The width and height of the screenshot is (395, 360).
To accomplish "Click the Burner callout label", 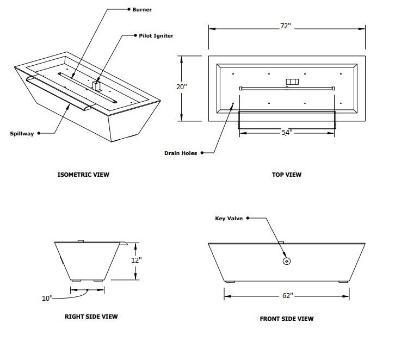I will coord(142,10).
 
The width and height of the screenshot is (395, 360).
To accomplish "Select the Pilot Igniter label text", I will coord(156,35).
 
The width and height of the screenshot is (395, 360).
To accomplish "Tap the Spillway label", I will coord(22,133).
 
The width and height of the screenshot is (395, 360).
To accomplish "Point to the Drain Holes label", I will coord(181,153).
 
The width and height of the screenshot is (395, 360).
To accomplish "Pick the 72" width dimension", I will coord(287,26).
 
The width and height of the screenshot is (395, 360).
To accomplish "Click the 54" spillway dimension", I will coord(287,132).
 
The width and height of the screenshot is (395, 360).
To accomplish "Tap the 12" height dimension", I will coord(138,260).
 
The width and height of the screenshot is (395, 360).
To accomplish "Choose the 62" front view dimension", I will coord(287,295).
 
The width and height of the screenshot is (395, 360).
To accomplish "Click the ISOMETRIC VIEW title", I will coord(83,175).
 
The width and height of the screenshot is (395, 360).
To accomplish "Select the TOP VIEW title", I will coord(287,175).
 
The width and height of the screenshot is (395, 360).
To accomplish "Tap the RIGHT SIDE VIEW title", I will coord(91,316).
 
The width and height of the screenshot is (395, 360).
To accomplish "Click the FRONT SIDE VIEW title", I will coord(287,319).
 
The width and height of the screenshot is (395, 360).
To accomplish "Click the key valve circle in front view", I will coord(287,262).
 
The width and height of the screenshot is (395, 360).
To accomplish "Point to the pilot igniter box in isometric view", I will coord(97,86).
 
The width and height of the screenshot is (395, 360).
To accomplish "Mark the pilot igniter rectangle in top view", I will coord(293,82).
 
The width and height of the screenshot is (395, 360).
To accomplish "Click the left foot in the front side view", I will coord(230,281).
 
